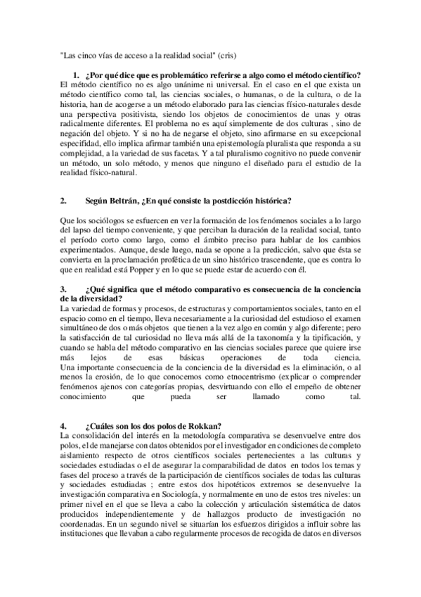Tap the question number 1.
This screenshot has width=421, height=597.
click(x=76, y=75)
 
